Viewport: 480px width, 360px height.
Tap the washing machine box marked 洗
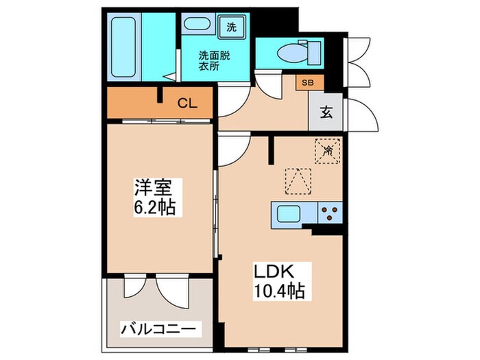(x=231, y=28)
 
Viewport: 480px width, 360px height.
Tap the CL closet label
(x=187, y=104)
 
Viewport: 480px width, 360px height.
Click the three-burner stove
(x=329, y=215)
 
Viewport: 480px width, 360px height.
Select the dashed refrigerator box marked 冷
(x=327, y=151)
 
